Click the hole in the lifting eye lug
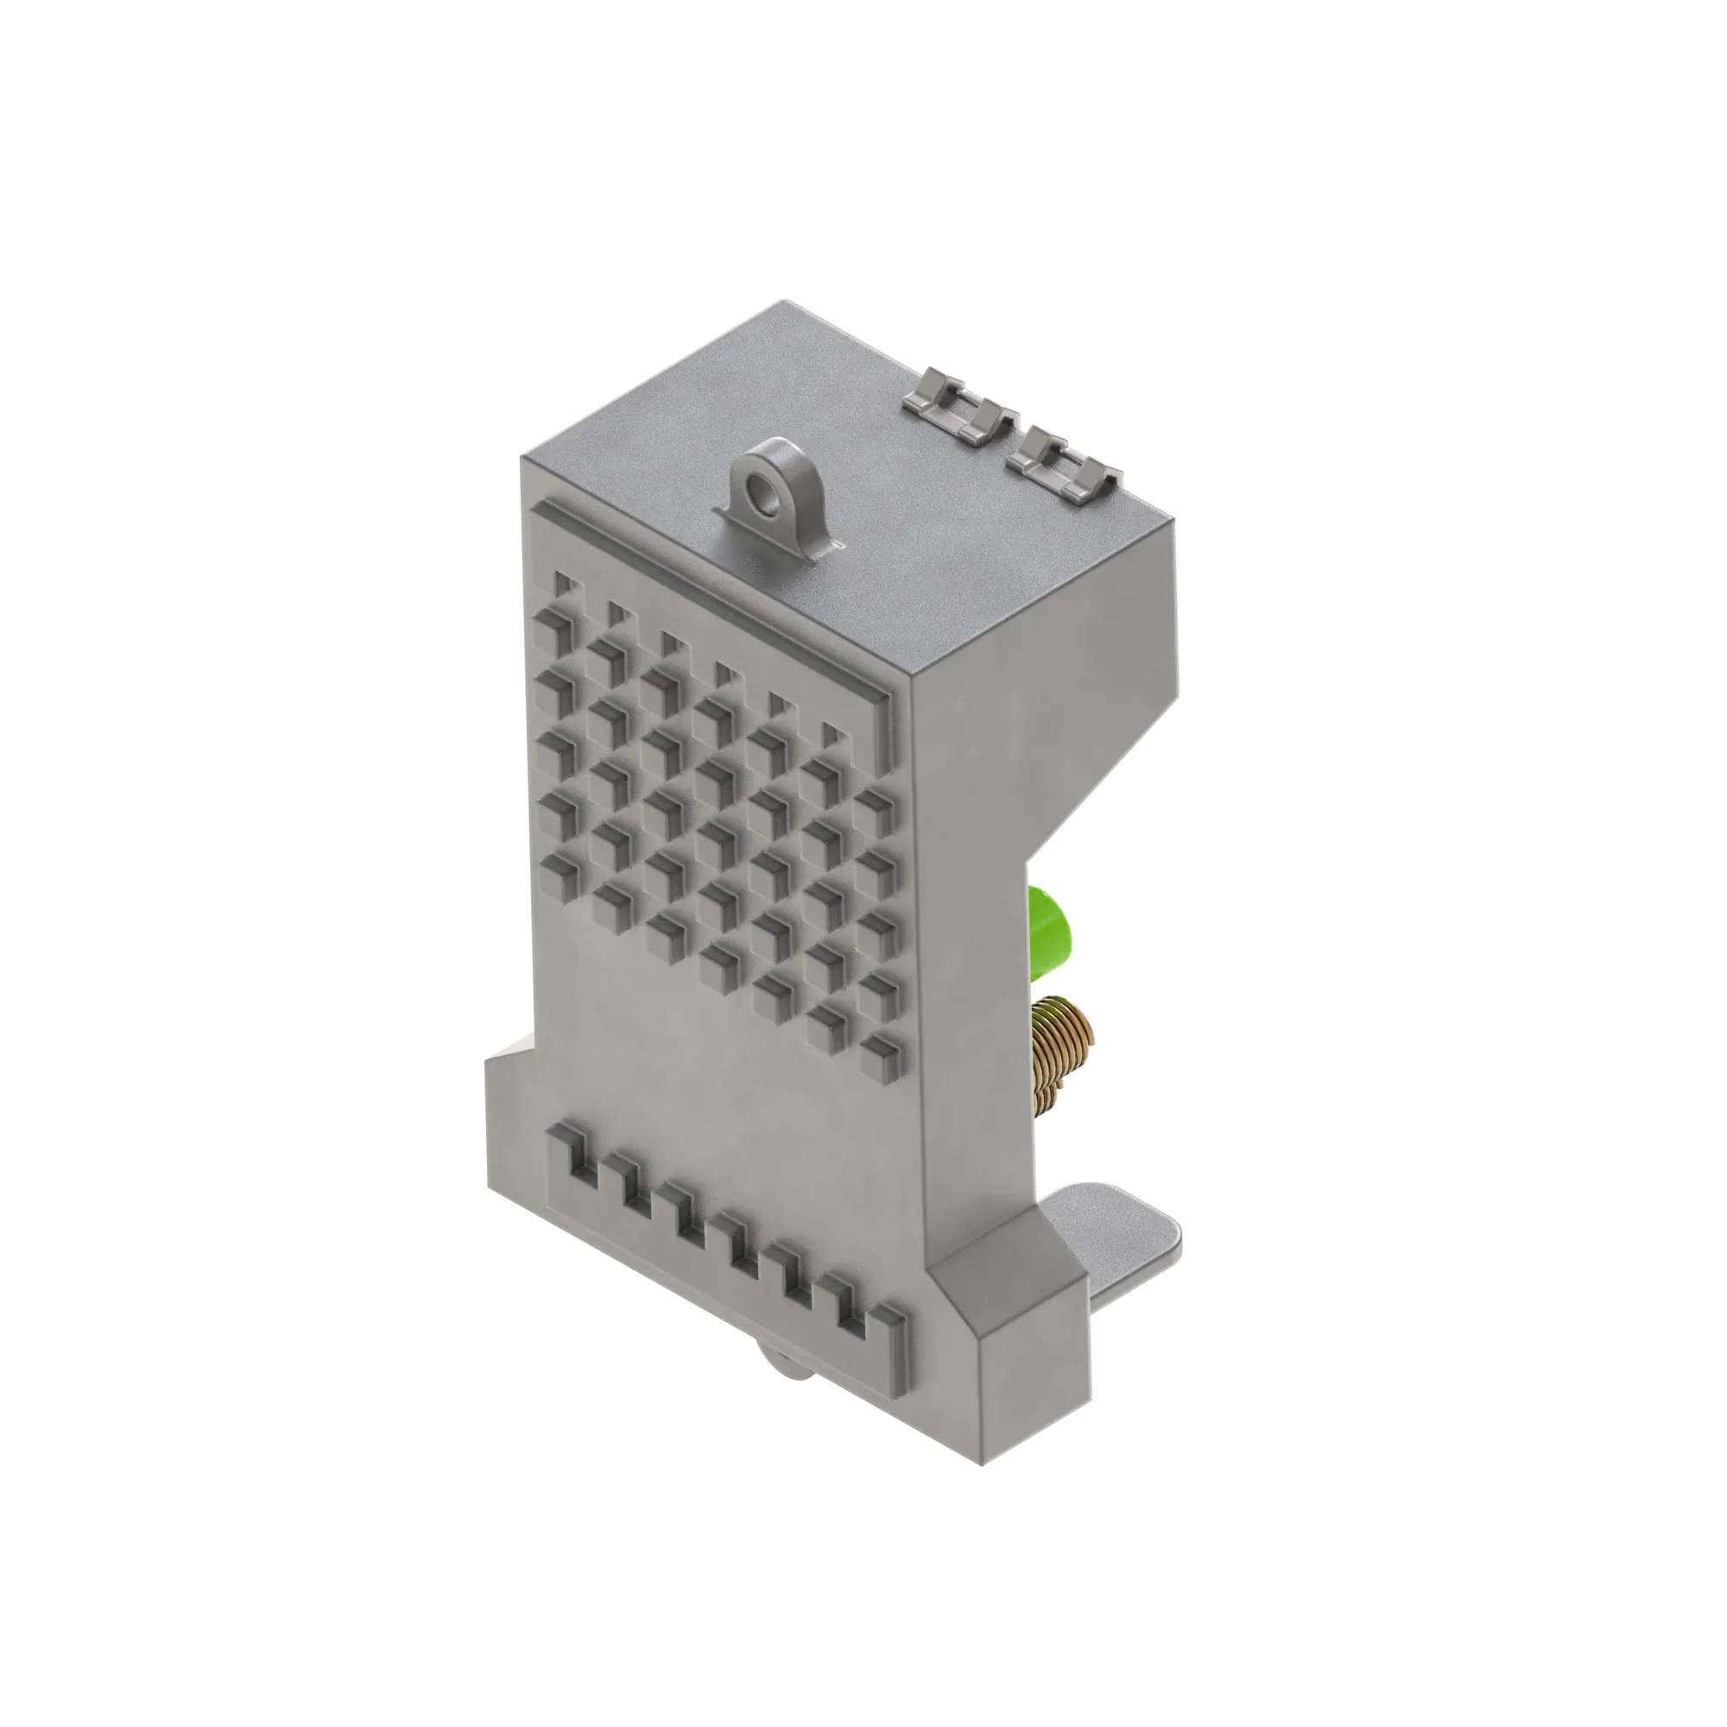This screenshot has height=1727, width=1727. tap(765, 490)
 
